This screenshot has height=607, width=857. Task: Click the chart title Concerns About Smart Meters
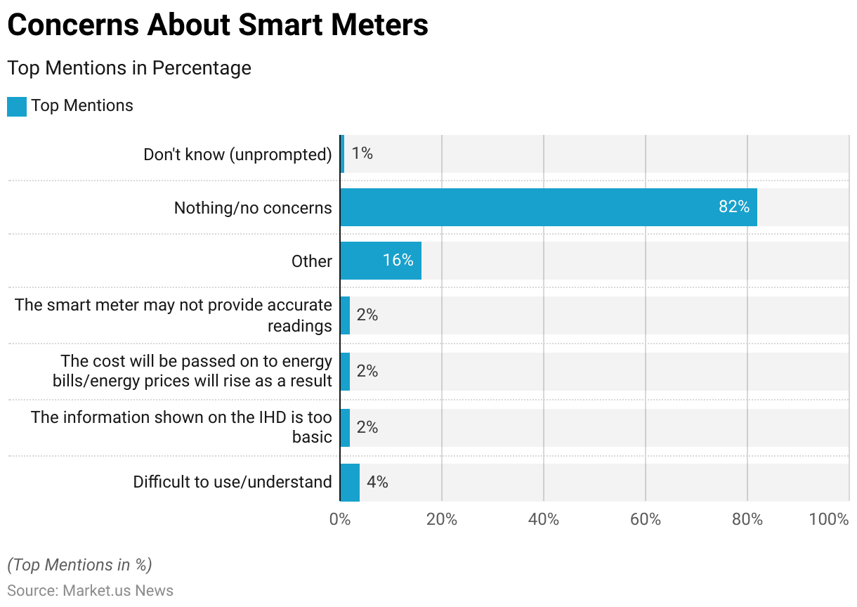(218, 25)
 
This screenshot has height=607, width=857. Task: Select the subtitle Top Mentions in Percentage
(129, 68)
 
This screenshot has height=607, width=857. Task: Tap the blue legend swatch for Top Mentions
(17, 107)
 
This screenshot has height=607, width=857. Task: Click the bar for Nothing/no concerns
(548, 207)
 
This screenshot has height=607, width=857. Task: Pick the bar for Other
(380, 261)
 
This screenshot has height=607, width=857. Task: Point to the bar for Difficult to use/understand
(349, 482)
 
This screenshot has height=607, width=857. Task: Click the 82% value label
(733, 207)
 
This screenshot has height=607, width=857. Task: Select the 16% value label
(398, 261)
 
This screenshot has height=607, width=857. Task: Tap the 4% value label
(377, 482)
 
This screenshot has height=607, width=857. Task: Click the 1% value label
(362, 153)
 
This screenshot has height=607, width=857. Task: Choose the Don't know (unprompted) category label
(237, 155)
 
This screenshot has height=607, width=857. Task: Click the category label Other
(312, 261)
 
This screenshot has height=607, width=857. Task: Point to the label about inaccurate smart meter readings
(174, 315)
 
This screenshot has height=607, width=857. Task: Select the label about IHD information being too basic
(181, 427)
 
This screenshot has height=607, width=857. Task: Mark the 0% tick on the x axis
(340, 520)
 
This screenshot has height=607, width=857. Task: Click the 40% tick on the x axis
(544, 520)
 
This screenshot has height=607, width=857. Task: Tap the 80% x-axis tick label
(747, 520)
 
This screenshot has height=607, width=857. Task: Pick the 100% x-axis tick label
(829, 520)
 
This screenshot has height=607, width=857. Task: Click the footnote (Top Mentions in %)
(79, 565)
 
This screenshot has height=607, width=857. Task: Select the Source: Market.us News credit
(90, 591)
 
